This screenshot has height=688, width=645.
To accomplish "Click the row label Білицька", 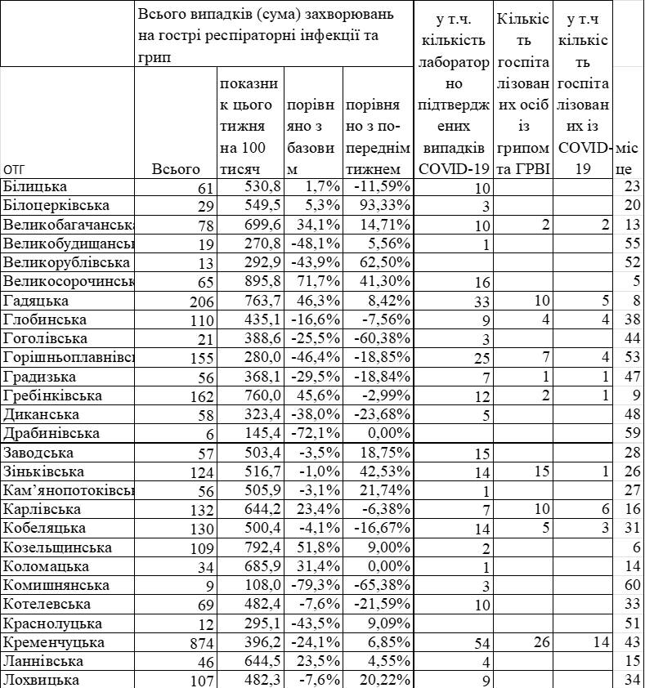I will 36,187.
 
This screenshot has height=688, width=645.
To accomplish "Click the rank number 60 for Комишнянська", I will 629,586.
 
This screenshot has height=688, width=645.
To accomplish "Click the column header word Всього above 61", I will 176,169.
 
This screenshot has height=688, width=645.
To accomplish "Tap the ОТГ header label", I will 16,169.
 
